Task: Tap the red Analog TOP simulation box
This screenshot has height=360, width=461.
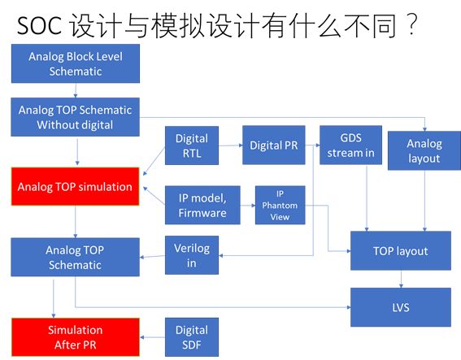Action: [75, 187]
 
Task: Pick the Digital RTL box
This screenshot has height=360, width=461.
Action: [192, 146]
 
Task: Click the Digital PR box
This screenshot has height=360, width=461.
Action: [272, 146]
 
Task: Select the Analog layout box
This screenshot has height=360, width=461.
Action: [424, 151]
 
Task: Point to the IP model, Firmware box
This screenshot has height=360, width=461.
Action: [203, 206]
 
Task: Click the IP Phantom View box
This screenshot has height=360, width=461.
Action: [279, 206]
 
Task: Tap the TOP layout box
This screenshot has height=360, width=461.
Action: [401, 251]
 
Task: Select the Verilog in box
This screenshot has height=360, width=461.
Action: [192, 256]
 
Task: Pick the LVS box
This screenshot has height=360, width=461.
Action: [401, 307]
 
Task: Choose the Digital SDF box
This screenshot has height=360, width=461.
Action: [192, 337]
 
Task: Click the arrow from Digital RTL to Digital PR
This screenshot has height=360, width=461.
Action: [231, 146]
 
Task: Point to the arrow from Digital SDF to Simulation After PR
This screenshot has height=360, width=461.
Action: [153, 337]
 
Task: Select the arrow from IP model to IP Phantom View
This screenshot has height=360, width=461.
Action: [246, 206]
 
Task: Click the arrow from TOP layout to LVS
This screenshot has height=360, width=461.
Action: [401, 279]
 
